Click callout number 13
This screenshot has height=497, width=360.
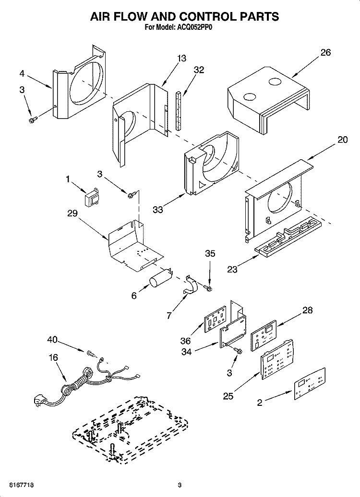[x=181, y=59]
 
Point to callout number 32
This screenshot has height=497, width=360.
[x=199, y=70]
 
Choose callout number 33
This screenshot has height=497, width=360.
[x=158, y=210]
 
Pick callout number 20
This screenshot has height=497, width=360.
[x=342, y=140]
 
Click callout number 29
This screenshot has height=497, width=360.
[x=72, y=213]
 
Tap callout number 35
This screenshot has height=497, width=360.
[x=210, y=253]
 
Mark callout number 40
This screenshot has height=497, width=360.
[x=52, y=340]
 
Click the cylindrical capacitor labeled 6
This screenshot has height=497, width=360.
[x=161, y=277]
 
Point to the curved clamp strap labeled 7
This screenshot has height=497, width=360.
[x=191, y=285]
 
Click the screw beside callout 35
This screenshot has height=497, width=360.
[x=208, y=288]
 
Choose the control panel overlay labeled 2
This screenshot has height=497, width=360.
[x=310, y=383]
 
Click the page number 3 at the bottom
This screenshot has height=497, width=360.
[x=180, y=485]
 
